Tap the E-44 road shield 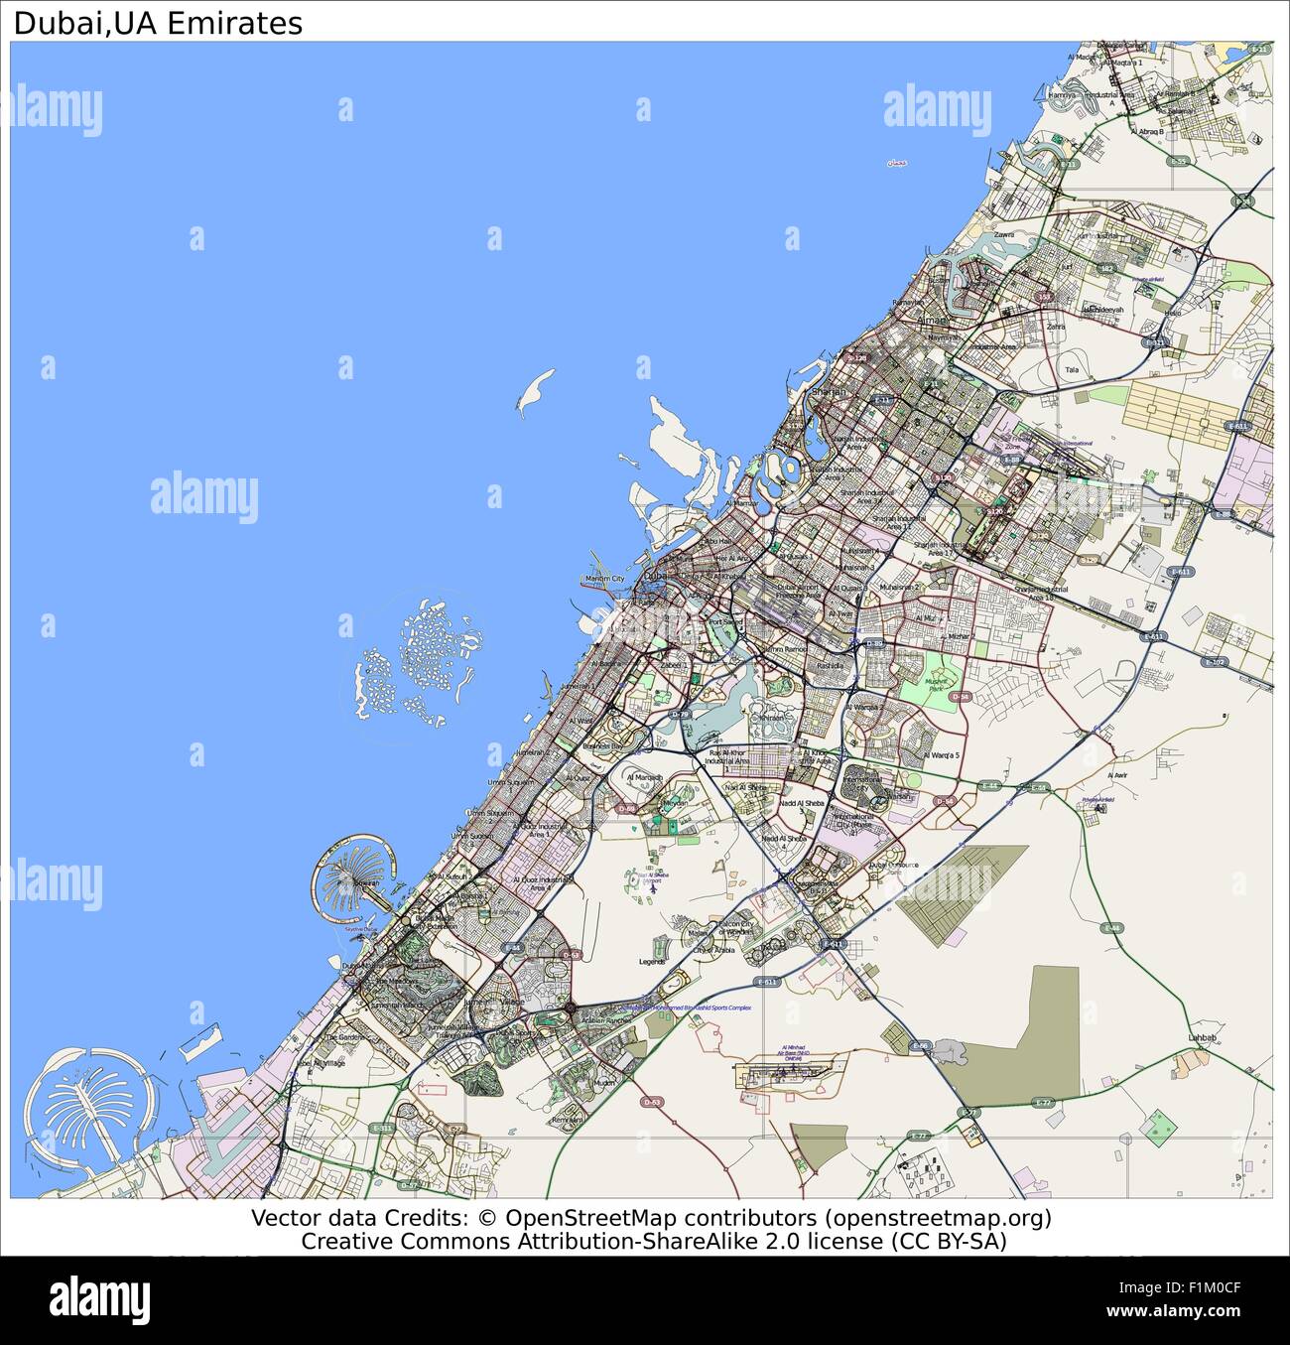pos(989,786)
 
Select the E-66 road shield pos(920,1046)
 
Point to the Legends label pos(652,962)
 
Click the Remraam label pos(567,1120)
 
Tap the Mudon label pos(604,1084)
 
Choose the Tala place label pos(1071,370)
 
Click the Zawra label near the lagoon pos(1005,235)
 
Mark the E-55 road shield pos(1178,161)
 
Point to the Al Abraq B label pos(1146,130)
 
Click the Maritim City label pos(604,579)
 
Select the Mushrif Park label pos(938,685)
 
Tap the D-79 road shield pos(680,715)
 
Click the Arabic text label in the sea pos(896,163)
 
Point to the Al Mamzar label pos(741,504)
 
